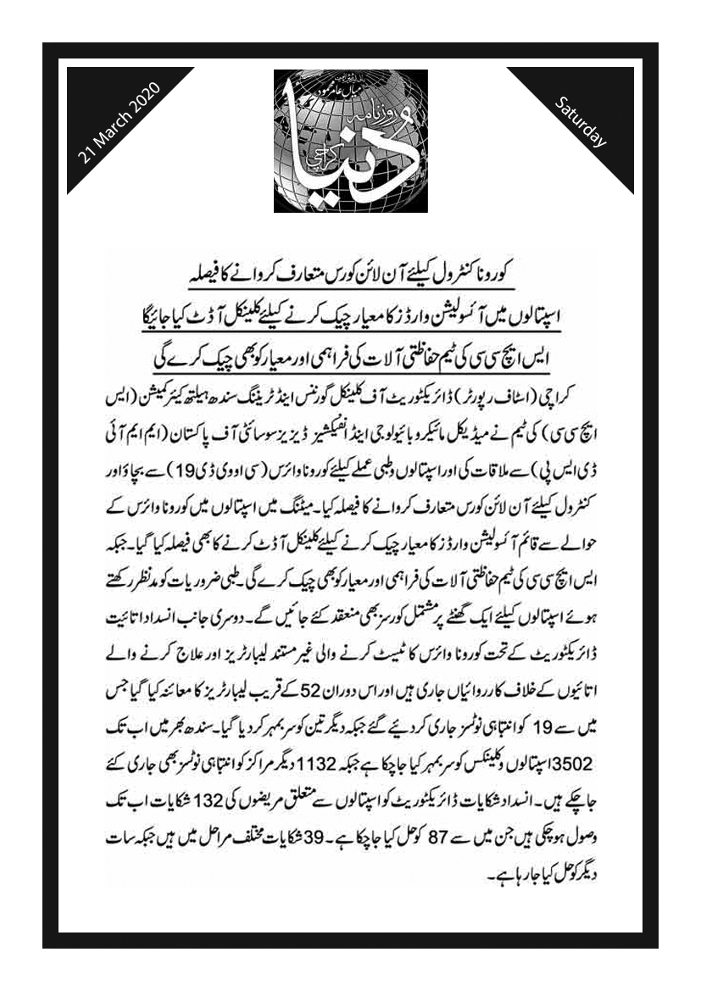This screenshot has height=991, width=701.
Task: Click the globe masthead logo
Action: [350, 140]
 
